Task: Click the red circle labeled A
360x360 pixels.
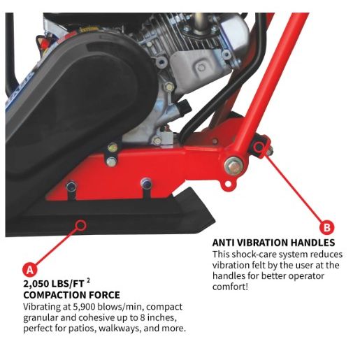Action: [29, 270]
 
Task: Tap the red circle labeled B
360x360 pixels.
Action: [326, 227]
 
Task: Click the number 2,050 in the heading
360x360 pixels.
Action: [36, 284]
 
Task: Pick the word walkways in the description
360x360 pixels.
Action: [120, 328]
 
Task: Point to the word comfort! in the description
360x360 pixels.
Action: [230, 287]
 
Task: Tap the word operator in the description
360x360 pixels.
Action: [306, 276]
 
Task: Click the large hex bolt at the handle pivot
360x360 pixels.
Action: [233, 166]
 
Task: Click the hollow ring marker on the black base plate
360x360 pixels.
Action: [80, 225]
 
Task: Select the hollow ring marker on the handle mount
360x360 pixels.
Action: [259, 147]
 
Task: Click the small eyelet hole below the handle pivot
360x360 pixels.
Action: [228, 185]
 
